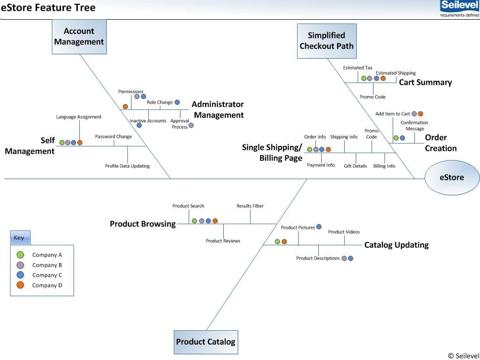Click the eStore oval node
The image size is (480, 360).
pos(452,178)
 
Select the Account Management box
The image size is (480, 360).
pos(79,37)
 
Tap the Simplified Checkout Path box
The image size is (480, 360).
pos(326,41)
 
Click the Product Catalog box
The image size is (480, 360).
pos(206,342)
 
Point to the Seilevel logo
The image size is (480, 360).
pos(460,9)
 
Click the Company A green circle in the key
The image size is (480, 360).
pos(20,255)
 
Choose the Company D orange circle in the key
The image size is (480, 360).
pos(20,285)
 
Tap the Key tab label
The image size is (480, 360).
pos(19,238)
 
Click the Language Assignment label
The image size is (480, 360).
pos(79,117)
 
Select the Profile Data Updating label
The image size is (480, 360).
pos(127,166)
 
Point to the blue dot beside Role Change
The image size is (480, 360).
pos(177,102)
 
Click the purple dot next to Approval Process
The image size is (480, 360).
pos(191,125)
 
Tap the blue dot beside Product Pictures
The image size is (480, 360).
pos(319,227)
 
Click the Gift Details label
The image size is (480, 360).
pos(355,166)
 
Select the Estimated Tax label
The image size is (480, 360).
pos(358,68)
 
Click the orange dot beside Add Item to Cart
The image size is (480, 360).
pos(420,114)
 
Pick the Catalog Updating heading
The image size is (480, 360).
pos(396,245)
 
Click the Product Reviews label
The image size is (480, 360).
pos(223,241)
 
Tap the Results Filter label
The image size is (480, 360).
pos(250,206)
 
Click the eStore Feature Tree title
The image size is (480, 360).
pos(48,7)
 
